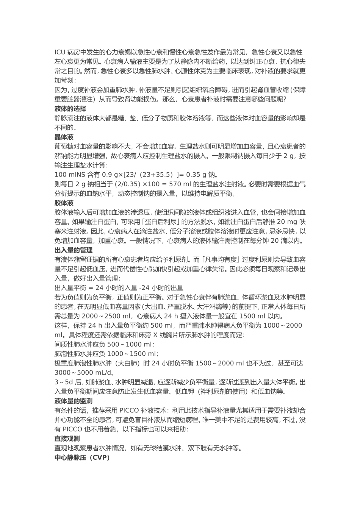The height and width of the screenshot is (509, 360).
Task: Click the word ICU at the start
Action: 60,52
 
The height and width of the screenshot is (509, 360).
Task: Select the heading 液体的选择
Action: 70,109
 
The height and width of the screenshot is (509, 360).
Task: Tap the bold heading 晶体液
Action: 64,137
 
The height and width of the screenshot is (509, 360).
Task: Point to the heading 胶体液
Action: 64,203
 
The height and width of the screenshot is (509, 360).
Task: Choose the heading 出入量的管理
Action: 74,250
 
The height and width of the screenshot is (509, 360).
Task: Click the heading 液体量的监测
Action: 74,401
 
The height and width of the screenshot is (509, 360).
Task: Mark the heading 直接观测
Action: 67,439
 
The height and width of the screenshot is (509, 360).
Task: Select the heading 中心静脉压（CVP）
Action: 82,458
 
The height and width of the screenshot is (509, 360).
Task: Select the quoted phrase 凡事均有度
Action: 221,260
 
